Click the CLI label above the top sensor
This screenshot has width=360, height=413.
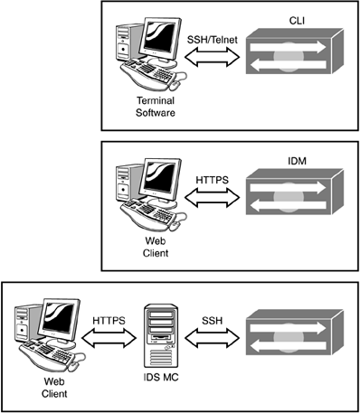tap(297, 21)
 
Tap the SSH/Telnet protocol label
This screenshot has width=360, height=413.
tap(213, 40)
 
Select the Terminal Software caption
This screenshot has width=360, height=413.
tap(156, 107)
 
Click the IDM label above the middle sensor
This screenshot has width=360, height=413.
tap(297, 161)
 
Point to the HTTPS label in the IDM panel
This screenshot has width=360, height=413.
tap(213, 180)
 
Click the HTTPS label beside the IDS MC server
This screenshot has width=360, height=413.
tap(109, 321)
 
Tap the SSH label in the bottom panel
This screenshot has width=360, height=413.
tap(213, 321)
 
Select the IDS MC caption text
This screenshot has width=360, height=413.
tap(161, 377)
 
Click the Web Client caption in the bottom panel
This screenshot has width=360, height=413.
tap(54, 388)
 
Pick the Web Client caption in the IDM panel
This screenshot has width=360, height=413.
tap(156, 247)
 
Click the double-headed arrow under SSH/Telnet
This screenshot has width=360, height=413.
tap(213, 57)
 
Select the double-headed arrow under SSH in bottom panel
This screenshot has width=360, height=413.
tap(213, 338)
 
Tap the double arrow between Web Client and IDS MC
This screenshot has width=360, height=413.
tap(109, 338)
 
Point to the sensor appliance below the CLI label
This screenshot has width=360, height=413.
tap(295, 52)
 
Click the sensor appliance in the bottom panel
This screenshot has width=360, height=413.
tap(295, 333)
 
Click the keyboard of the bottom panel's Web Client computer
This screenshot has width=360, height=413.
tap(48, 355)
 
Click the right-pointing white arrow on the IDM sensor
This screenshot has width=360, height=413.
tap(288, 188)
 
